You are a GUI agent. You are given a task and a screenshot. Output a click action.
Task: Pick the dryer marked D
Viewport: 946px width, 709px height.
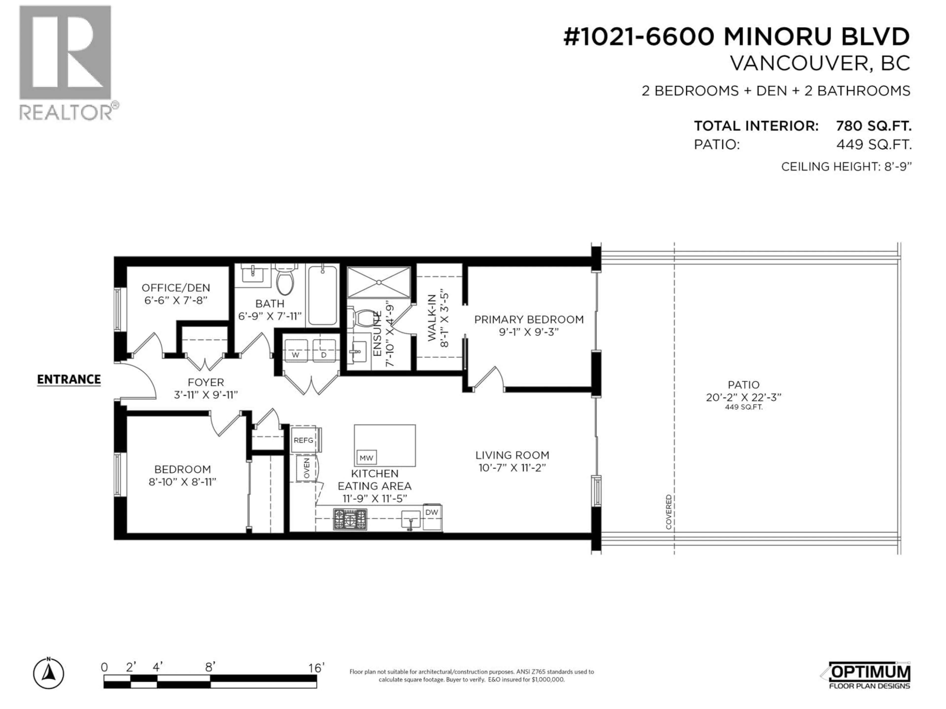(324, 351)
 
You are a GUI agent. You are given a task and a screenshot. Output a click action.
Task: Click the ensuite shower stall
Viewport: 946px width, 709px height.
(379, 282)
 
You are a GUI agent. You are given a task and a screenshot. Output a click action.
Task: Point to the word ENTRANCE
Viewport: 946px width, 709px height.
(69, 380)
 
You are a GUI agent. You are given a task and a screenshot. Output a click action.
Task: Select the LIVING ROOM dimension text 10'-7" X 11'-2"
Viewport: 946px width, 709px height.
(512, 468)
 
